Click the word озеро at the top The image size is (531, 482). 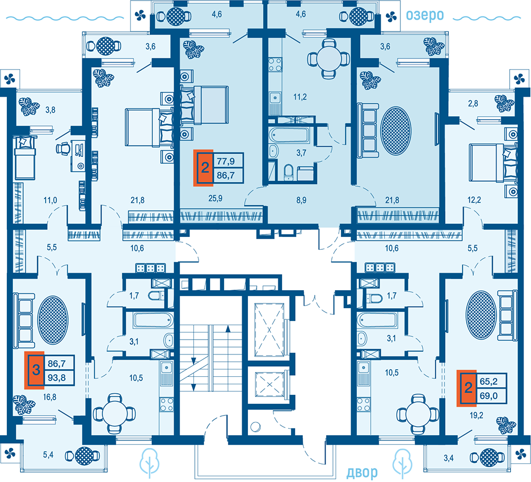tap(425, 15)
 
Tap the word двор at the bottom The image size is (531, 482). tap(362, 472)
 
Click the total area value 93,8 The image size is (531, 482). tap(57, 377)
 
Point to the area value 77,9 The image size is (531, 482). tap(226, 160)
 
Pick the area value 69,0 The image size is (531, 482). tap(489, 395)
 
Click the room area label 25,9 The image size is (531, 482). tap(216, 198)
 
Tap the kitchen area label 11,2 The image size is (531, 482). tap(299, 97)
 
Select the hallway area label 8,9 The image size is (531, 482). tap(301, 200)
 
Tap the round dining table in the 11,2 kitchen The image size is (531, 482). tap(328, 58)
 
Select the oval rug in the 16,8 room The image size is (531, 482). tap(53, 320)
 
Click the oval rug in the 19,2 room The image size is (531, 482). tap(481, 315)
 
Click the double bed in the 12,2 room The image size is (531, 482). tap(493, 163)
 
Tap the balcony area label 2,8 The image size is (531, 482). tap(473, 103)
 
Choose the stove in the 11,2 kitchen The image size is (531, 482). tap(275, 64)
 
